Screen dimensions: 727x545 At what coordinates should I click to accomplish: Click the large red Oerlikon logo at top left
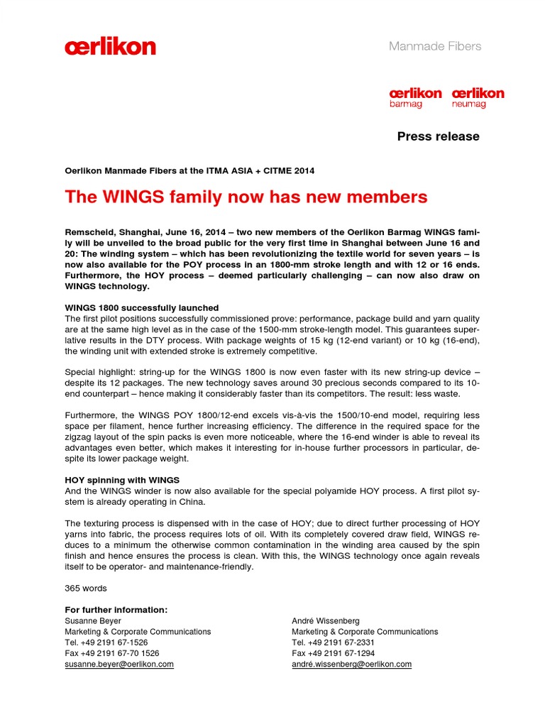click(x=110, y=48)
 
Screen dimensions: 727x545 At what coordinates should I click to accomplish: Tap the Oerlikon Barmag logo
click(x=415, y=97)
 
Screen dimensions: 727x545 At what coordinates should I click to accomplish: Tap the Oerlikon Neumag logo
click(x=478, y=97)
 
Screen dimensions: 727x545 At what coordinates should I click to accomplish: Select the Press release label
click(x=438, y=136)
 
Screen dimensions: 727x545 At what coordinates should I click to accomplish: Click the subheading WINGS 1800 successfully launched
click(x=142, y=307)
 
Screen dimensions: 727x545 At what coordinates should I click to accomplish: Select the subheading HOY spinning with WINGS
click(x=122, y=480)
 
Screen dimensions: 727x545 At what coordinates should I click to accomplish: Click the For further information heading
click(x=116, y=610)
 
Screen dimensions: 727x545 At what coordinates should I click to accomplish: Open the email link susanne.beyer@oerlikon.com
click(x=119, y=664)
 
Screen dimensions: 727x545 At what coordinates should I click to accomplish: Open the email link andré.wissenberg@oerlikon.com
click(x=351, y=664)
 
